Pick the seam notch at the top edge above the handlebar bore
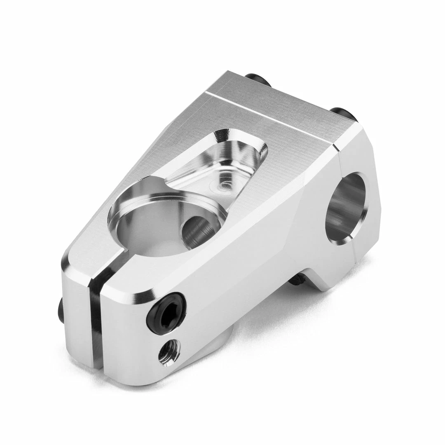click(x=337, y=148)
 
